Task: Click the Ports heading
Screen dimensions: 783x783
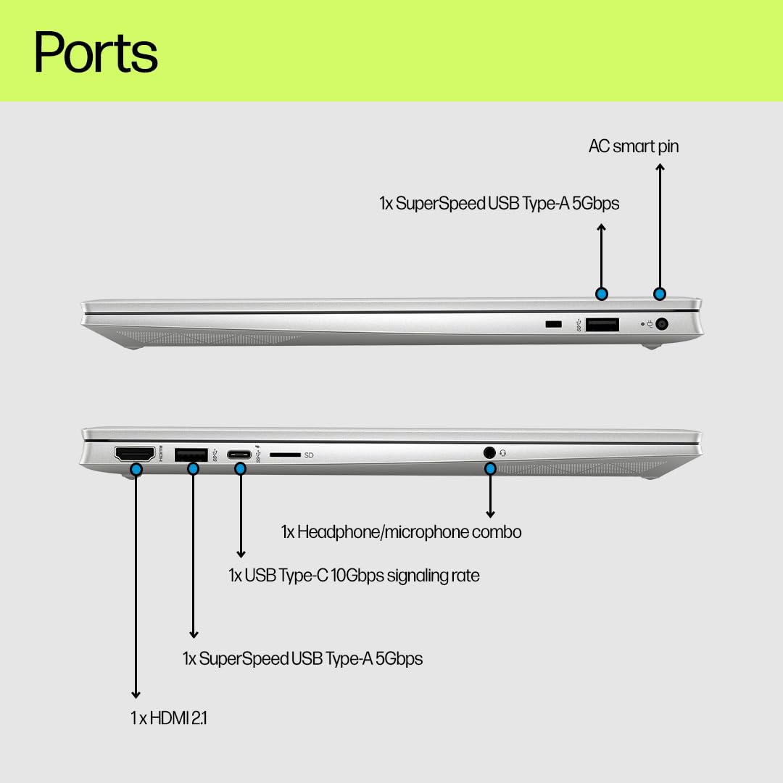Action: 96,51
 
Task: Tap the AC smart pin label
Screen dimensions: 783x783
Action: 633,146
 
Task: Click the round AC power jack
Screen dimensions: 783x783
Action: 662,324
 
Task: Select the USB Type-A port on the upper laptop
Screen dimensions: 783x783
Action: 602,325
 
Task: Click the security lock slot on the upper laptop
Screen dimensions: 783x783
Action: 553,324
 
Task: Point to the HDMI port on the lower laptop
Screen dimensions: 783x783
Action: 135,453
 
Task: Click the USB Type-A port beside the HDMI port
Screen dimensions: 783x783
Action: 191,455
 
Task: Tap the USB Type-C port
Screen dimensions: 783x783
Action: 239,455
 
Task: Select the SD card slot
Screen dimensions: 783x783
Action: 285,455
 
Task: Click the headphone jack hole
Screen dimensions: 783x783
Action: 489,452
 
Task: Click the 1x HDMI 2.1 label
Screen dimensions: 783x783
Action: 168,718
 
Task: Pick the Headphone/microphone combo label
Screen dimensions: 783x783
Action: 401,532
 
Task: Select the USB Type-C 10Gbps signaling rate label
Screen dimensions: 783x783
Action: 354,576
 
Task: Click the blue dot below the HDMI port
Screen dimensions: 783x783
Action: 136,469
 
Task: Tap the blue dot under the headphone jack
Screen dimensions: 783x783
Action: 490,469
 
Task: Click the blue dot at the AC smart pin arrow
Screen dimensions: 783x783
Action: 660,294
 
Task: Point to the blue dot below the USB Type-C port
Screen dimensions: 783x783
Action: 240,469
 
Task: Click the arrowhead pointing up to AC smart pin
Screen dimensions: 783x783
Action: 660,167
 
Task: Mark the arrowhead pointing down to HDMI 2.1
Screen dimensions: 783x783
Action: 136,695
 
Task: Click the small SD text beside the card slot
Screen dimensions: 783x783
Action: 309,455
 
